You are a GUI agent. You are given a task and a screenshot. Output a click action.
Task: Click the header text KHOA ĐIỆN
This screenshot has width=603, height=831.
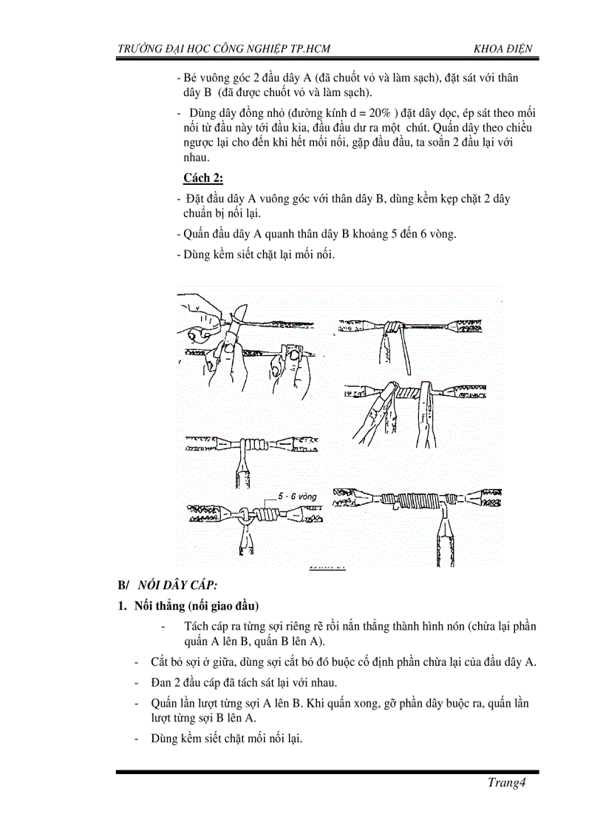(503, 49)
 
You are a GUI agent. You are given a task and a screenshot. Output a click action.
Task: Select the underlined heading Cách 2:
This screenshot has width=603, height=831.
(203, 178)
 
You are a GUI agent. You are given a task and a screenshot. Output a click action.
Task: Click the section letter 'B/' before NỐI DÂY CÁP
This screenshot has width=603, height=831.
(123, 585)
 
